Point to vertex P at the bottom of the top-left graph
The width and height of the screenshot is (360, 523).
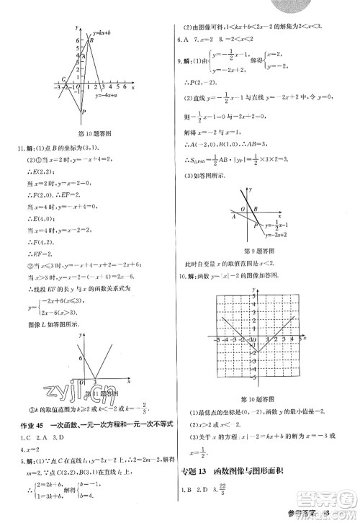coord(84,112)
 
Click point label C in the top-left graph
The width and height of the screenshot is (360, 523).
coord(64,79)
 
